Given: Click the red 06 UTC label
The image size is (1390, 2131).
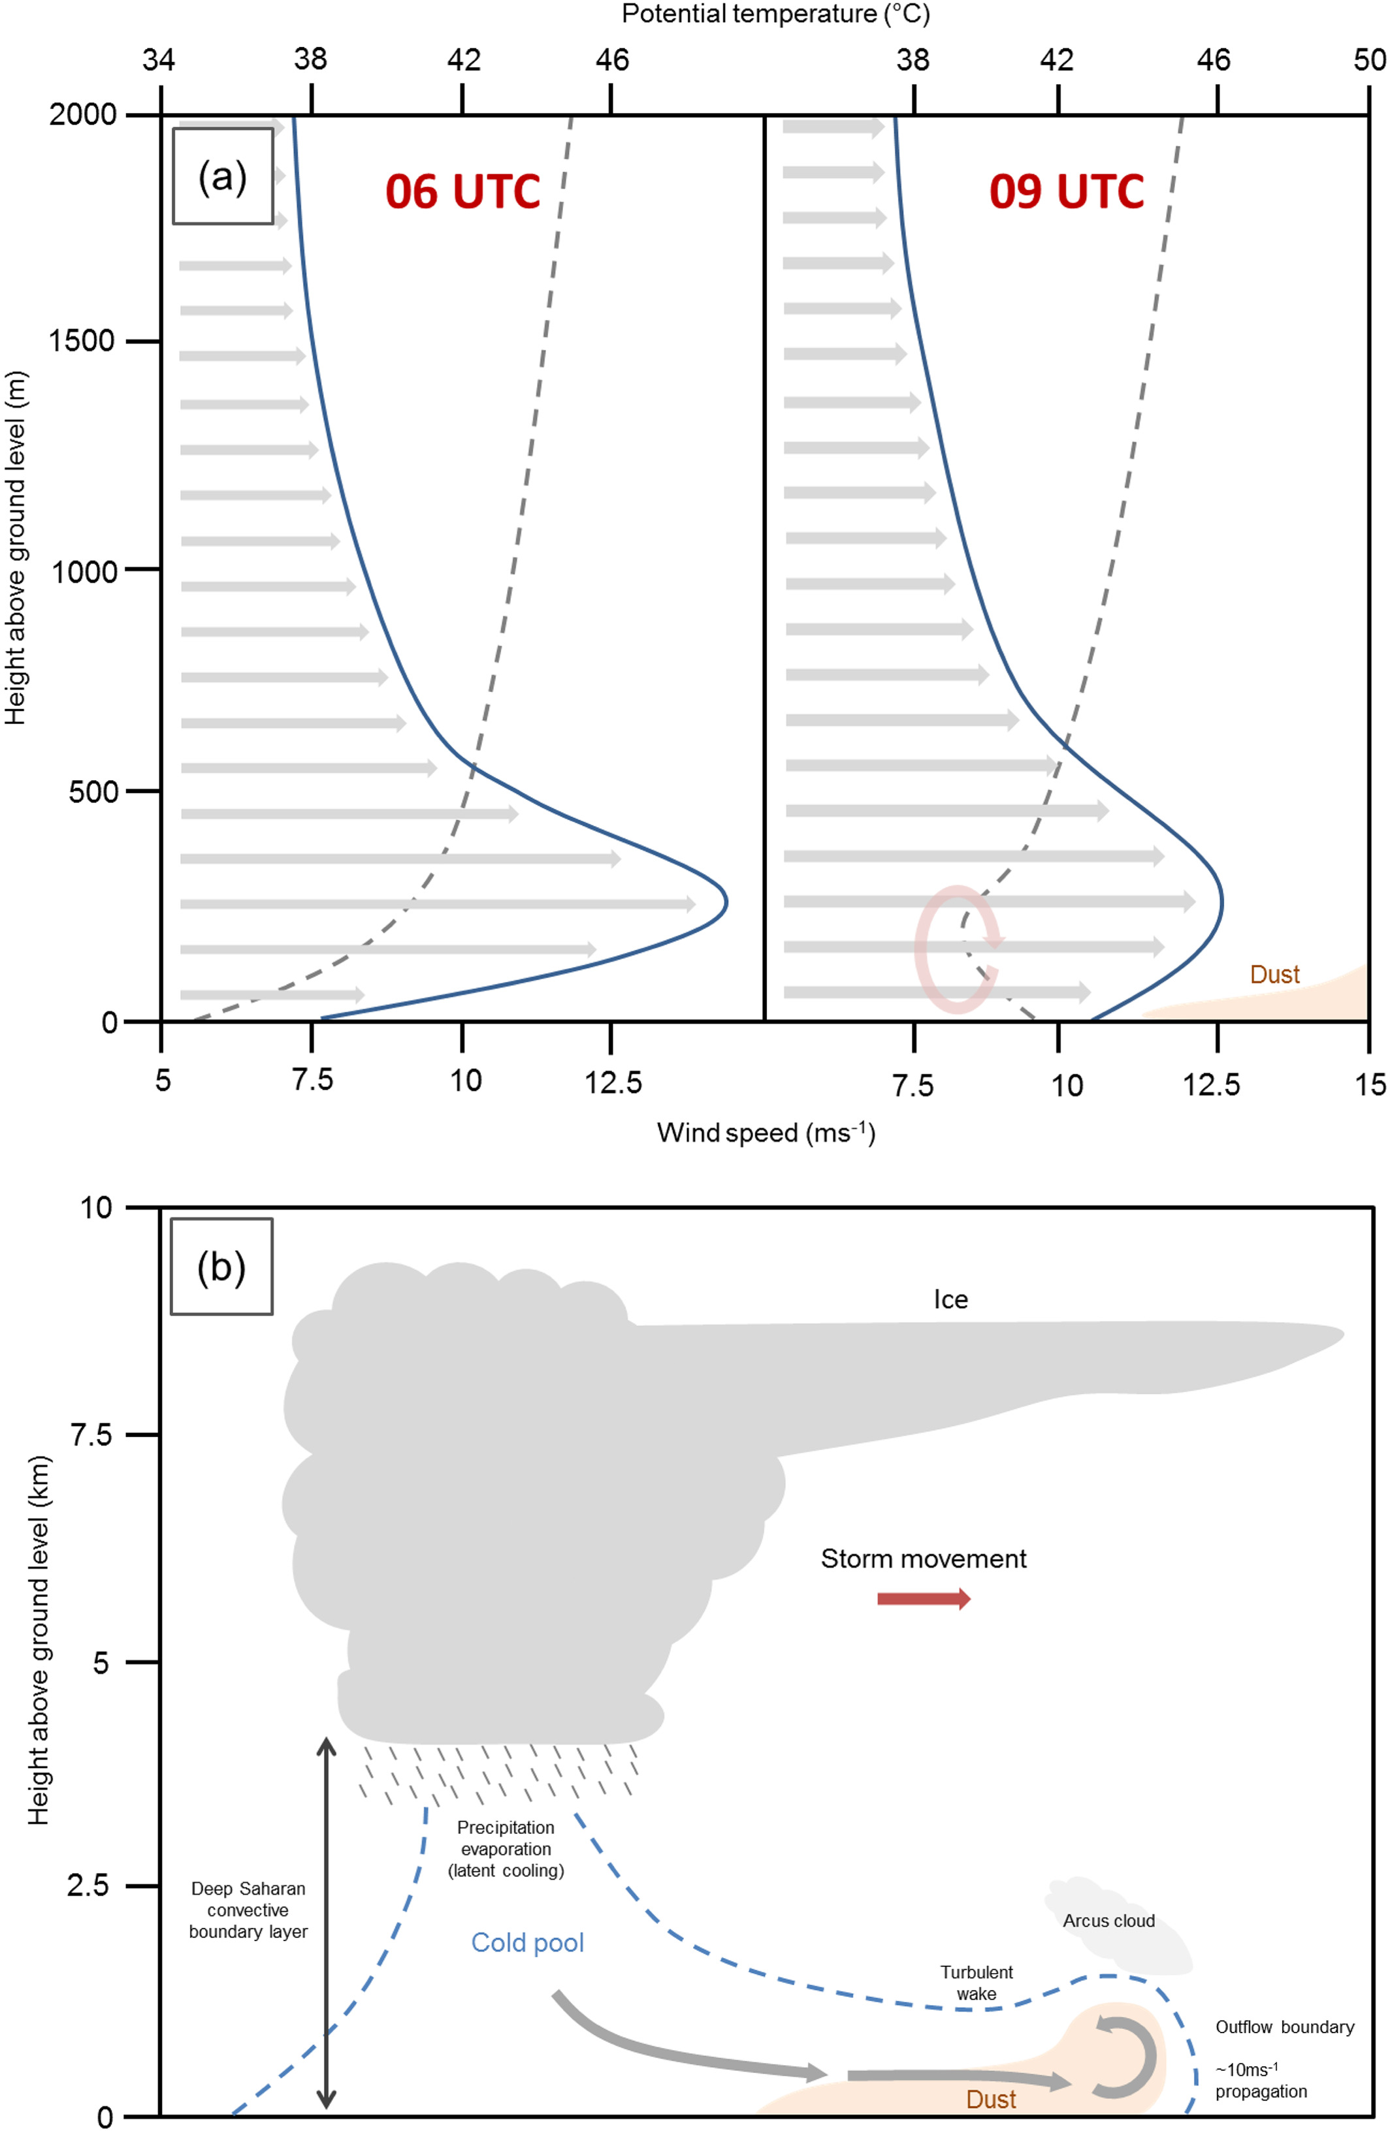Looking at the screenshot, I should (x=462, y=191).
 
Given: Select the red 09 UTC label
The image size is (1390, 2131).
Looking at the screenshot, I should (x=1066, y=191).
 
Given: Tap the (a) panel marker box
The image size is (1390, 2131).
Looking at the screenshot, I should (x=222, y=176).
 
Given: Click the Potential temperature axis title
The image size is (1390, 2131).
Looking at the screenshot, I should (x=775, y=14).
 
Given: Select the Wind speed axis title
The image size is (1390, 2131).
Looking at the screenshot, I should (x=766, y=1133).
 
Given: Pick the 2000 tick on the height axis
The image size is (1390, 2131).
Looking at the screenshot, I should (x=84, y=115).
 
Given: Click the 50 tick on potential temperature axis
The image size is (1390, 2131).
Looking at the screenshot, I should (x=1369, y=60).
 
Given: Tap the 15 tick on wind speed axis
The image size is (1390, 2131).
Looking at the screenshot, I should (x=1369, y=1085).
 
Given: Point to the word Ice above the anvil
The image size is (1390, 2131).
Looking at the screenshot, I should (x=950, y=1300).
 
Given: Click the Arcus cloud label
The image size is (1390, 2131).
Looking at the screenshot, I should (x=1108, y=1921).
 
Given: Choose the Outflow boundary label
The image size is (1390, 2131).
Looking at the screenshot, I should (x=1284, y=2027).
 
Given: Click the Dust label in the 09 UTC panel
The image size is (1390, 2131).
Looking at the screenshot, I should (x=1274, y=974).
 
